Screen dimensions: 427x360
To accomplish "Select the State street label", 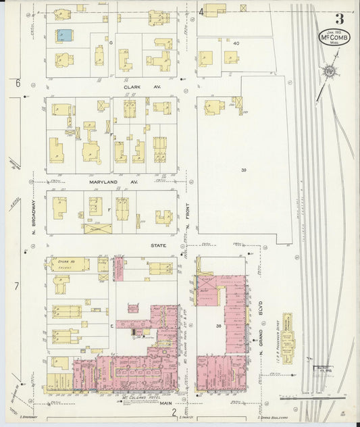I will (x=158, y=245).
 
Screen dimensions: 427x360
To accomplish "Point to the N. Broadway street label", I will (x=33, y=221).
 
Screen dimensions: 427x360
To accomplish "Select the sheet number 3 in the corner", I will (x=338, y=18).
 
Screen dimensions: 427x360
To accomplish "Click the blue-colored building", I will (x=64, y=34).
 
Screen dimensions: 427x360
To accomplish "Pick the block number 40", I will (x=237, y=43).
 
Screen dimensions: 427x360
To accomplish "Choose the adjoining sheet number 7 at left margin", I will (x=16, y=286).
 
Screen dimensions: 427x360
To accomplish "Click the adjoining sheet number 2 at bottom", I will (x=174, y=411).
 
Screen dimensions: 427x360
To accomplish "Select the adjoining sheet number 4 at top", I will (x=201, y=11).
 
